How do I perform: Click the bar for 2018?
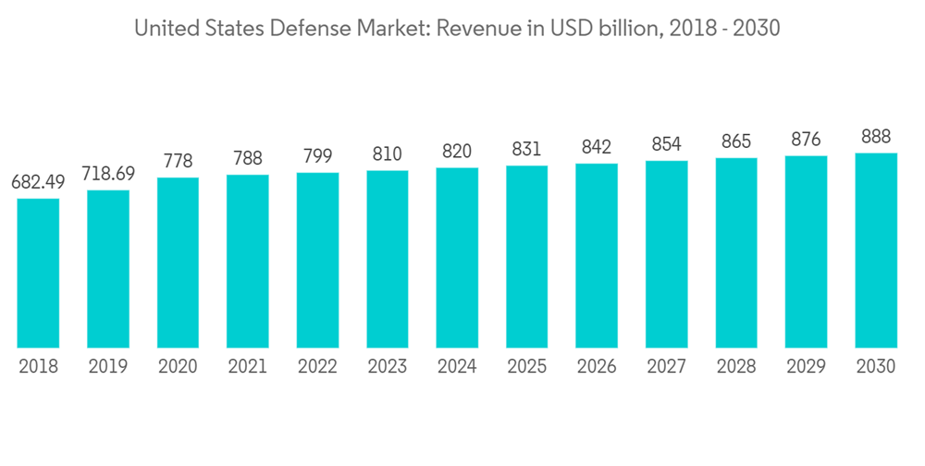(38, 273)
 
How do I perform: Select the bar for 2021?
(247, 261)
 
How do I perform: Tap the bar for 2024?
(457, 257)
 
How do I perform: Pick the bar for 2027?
(666, 253)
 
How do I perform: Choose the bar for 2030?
(876, 250)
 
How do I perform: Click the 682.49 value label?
(38, 182)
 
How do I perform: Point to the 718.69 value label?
(108, 174)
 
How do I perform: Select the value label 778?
(178, 161)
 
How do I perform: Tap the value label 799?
(317, 156)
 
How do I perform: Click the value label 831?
(526, 149)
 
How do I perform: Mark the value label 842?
(597, 147)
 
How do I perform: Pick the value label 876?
(806, 140)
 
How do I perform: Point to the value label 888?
(876, 137)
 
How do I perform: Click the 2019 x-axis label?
(108, 367)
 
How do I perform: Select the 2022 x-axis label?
(317, 367)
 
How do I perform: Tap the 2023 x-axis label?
(387, 367)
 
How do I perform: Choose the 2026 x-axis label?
(597, 367)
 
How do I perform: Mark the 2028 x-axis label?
(736, 367)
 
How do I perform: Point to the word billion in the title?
(626, 29)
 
